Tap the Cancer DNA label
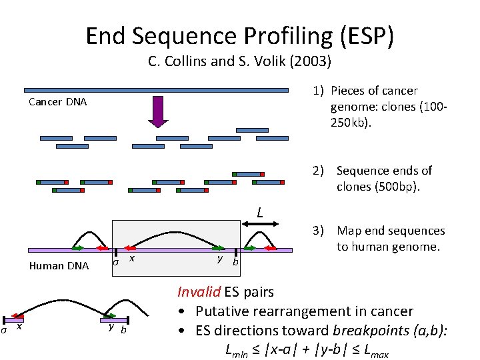(x=57, y=102)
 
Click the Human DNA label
(x=59, y=265)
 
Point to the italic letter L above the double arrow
(x=261, y=213)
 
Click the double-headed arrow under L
(x=261, y=227)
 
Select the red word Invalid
(x=199, y=291)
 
